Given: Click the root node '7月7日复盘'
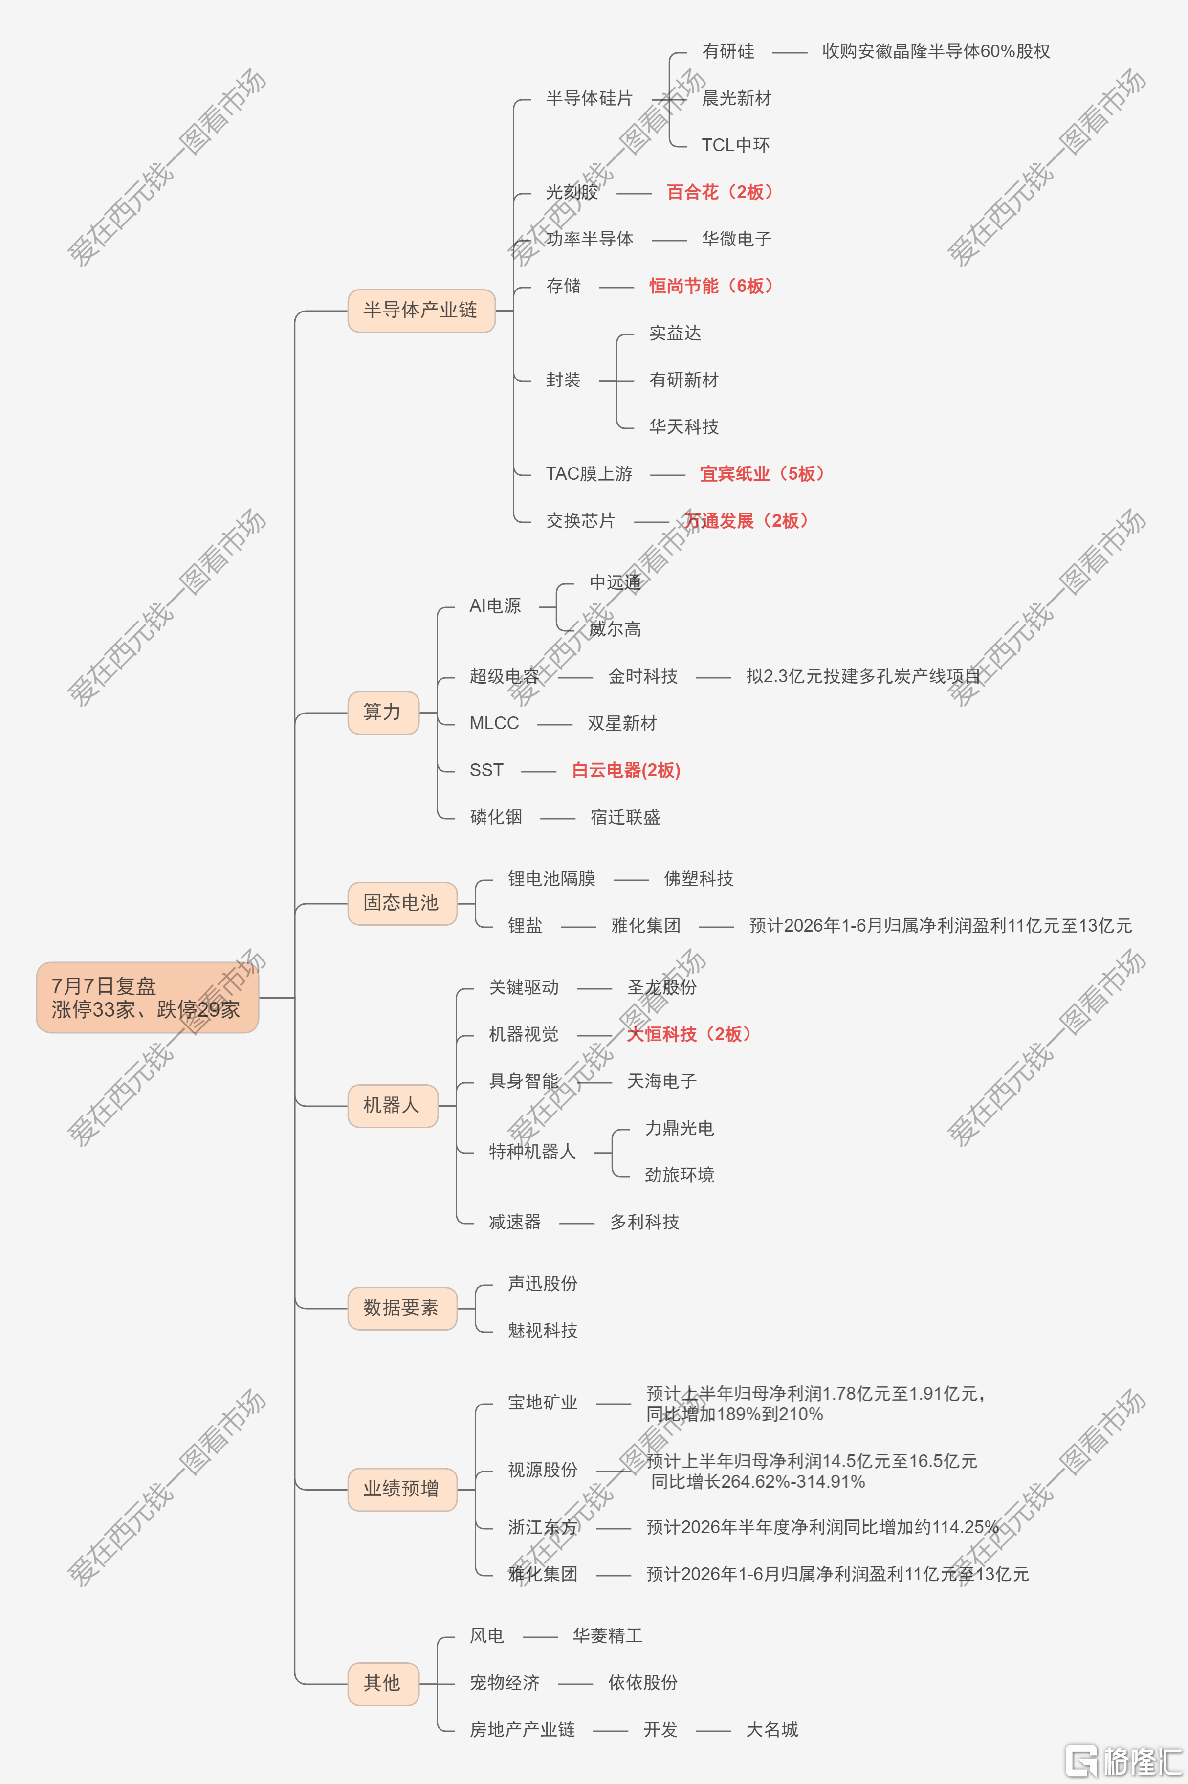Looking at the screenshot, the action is pos(148,997).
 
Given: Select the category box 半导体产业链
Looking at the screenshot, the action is pos(421,311).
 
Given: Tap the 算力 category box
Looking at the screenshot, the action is pos(383,713).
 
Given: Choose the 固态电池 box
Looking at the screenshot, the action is pos(402,903).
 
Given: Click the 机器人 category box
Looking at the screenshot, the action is pos(393,1106).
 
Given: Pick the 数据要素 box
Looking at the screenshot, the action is pos(402,1308).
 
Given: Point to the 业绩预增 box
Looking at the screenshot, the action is pos(402,1489).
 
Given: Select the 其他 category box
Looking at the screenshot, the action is pos(383,1684).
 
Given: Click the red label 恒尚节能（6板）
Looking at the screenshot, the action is pos(711,286).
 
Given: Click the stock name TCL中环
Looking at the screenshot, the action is pos(736,145).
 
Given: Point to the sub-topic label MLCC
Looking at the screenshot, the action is pos(494,723).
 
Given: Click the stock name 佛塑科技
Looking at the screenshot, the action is pos(699,878).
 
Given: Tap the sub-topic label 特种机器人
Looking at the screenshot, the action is pos(532,1152).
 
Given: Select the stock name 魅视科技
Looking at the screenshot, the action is pos(543,1330).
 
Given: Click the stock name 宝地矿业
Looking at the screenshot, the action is pos(543,1403).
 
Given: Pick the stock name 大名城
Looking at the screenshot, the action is pos(772,1729).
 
